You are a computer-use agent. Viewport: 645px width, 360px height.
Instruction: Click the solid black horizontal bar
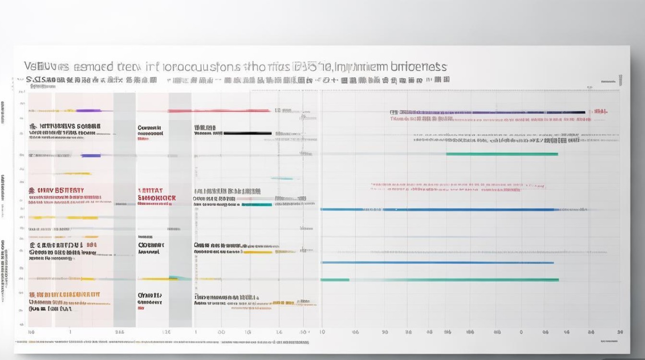coord(248,133)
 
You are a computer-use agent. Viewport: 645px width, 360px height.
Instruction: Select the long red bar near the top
coord(218,111)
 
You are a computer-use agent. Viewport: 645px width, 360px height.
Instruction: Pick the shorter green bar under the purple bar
coord(502,154)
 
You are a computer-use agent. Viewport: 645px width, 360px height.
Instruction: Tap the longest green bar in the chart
coord(440,280)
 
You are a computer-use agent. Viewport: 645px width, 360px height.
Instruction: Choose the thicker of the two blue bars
coord(437,210)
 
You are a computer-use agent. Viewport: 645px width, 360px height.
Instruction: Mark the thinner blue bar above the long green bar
coord(437,263)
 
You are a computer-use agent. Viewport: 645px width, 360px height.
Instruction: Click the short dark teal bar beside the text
coord(257,204)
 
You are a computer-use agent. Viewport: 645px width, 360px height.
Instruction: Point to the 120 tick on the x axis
coord(166,332)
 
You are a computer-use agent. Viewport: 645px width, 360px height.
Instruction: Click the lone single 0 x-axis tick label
coord(521,332)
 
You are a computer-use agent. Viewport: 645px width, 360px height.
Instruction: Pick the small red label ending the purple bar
coord(600,111)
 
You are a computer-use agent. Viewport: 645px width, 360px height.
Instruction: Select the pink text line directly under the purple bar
coord(422,118)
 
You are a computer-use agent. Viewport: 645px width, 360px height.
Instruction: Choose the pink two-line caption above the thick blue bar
coord(458,187)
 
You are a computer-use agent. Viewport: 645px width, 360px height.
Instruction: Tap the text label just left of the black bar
coord(208,131)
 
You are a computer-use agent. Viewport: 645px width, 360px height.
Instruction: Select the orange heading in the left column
coord(57,190)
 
